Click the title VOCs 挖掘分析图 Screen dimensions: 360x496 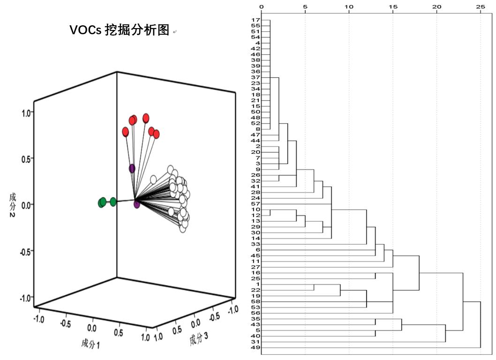[x=119, y=30]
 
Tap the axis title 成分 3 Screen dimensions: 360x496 [x=200, y=338]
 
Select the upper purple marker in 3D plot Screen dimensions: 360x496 [x=132, y=168]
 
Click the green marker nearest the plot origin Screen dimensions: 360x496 [x=113, y=202]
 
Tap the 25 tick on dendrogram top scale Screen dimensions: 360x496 [x=481, y=7]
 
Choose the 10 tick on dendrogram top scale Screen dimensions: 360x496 [x=349, y=7]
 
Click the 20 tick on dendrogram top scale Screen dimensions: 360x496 [x=436, y=7]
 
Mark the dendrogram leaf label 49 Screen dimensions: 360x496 [x=256, y=347]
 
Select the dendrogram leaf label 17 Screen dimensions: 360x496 [x=256, y=20]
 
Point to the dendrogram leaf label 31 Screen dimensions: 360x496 [x=256, y=342]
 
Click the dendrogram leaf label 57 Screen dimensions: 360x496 [x=256, y=204]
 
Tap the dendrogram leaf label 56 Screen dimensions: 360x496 [x=256, y=313]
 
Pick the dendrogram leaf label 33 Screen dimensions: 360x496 [x=256, y=244]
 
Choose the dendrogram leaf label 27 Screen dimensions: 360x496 [x=256, y=267]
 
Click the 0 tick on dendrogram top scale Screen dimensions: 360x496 [x=262, y=7]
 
